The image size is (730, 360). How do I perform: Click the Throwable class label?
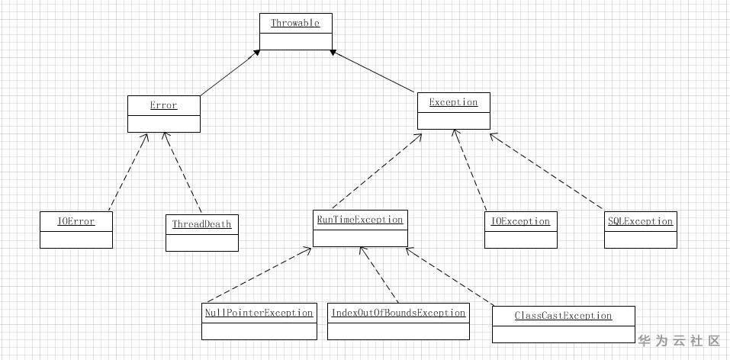pyautogui.click(x=295, y=23)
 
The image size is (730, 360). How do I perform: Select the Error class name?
pyautogui.click(x=163, y=105)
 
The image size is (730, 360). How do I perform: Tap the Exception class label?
pyautogui.click(x=453, y=102)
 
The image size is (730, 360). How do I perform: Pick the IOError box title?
pyautogui.click(x=76, y=221)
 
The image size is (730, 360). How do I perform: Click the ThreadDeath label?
pyautogui.click(x=201, y=224)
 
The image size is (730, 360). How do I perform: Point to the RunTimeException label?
pyautogui.click(x=360, y=220)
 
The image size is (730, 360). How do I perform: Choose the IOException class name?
pyautogui.click(x=520, y=221)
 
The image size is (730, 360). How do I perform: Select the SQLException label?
pyautogui.click(x=640, y=221)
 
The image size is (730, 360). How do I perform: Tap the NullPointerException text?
pyautogui.click(x=259, y=313)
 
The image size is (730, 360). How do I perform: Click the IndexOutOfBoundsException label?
pyautogui.click(x=398, y=313)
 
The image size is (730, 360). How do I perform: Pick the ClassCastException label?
pyautogui.click(x=564, y=316)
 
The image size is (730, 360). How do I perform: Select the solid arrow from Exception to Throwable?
pyautogui.click(x=372, y=71)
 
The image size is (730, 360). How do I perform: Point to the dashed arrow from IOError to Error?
pyautogui.click(x=128, y=172)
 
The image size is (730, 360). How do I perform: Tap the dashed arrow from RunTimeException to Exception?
pyautogui.click(x=377, y=171)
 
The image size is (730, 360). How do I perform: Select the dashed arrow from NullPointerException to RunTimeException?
pyautogui.click(x=259, y=275)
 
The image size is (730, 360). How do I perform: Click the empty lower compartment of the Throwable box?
pyautogui.click(x=296, y=41)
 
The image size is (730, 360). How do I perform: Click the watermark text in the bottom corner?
pyautogui.click(x=679, y=341)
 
